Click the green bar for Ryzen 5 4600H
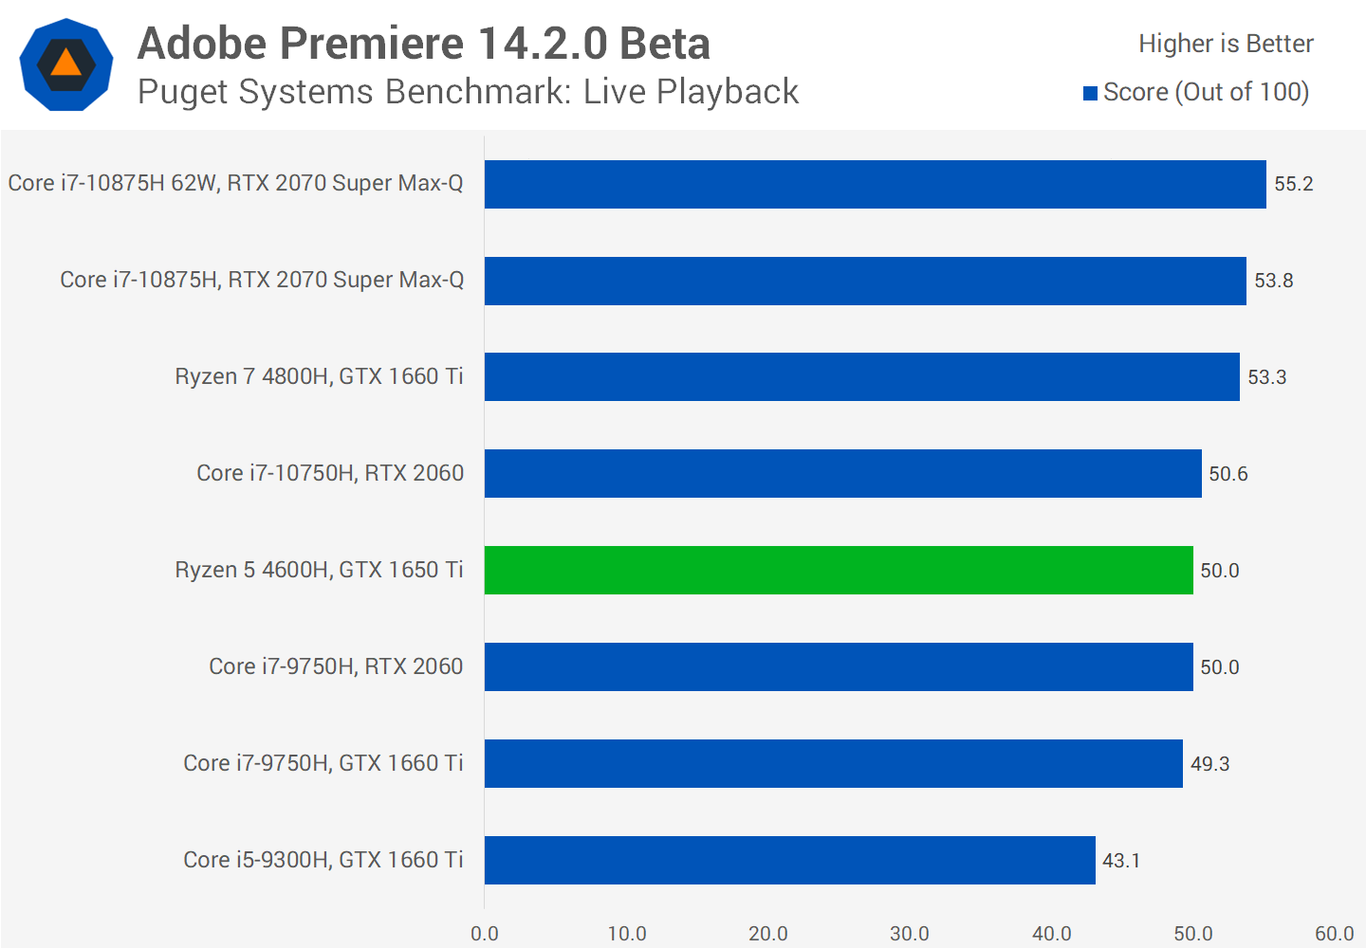(x=839, y=570)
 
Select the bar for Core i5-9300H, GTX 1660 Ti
(x=789, y=860)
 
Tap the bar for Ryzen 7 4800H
(x=861, y=376)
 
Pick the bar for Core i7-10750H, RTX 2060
(x=842, y=473)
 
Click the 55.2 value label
(x=1293, y=184)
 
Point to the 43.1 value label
(x=1120, y=861)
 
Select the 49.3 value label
(x=1209, y=764)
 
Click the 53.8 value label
(x=1273, y=281)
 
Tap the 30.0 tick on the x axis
(x=909, y=934)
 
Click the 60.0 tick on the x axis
(x=1334, y=934)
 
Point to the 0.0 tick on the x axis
(x=485, y=934)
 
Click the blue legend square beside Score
(x=1091, y=93)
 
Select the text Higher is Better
(x=1226, y=44)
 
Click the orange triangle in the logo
(x=65, y=64)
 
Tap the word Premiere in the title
(x=372, y=44)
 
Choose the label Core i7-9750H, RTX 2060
(x=336, y=666)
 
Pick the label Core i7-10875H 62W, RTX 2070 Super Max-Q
(x=235, y=183)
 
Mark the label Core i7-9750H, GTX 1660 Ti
(x=323, y=763)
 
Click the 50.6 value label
(x=1228, y=474)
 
